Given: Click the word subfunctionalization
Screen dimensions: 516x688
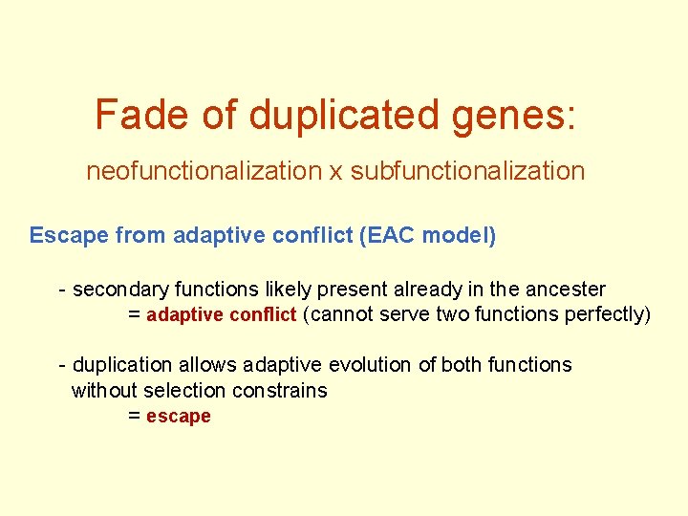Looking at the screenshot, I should tap(467, 171).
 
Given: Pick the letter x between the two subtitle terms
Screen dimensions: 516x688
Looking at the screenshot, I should tap(335, 172).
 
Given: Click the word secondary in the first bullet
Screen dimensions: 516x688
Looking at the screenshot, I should tap(113, 289).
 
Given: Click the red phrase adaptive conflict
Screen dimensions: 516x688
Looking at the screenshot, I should tap(221, 314).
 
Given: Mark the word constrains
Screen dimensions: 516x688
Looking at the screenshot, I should tap(284, 390).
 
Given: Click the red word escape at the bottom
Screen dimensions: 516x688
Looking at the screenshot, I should tap(178, 416).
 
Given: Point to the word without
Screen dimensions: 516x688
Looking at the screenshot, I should tap(104, 390).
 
